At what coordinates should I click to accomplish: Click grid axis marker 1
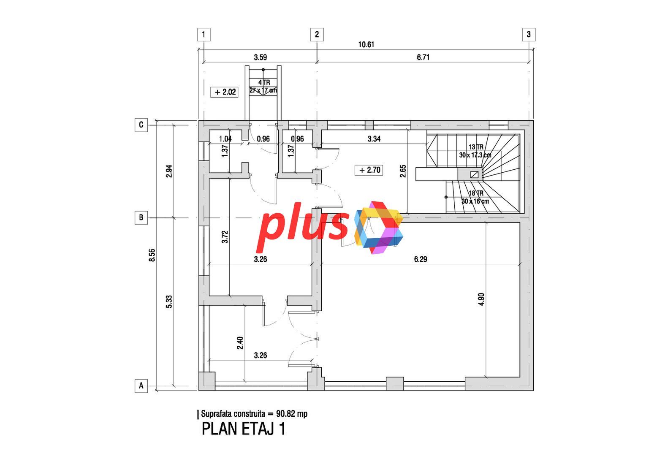(x=204, y=35)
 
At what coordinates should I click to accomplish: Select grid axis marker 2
(x=317, y=35)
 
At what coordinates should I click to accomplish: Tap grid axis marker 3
(x=529, y=35)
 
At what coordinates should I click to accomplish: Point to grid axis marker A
(x=141, y=385)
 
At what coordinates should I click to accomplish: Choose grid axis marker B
(x=141, y=217)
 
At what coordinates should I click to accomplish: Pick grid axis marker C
(x=141, y=125)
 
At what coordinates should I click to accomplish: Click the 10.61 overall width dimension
(x=367, y=45)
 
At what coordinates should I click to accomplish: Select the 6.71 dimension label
(x=423, y=57)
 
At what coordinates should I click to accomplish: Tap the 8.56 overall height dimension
(x=152, y=255)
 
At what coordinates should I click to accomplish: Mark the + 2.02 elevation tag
(x=224, y=92)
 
